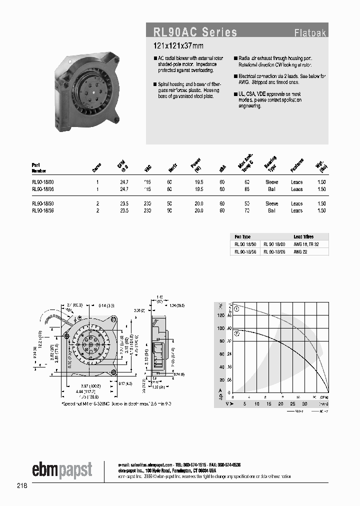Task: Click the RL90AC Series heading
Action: click(x=195, y=32)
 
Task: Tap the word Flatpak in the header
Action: click(x=310, y=34)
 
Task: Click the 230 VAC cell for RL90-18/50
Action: click(x=147, y=204)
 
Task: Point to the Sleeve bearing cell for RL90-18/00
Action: click(x=271, y=182)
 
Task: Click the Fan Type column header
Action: click(x=243, y=237)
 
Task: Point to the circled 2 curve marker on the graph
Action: click(x=236, y=332)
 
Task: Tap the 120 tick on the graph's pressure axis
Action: click(x=220, y=315)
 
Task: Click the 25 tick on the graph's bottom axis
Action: click(x=292, y=403)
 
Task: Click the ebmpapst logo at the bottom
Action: click(x=62, y=470)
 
